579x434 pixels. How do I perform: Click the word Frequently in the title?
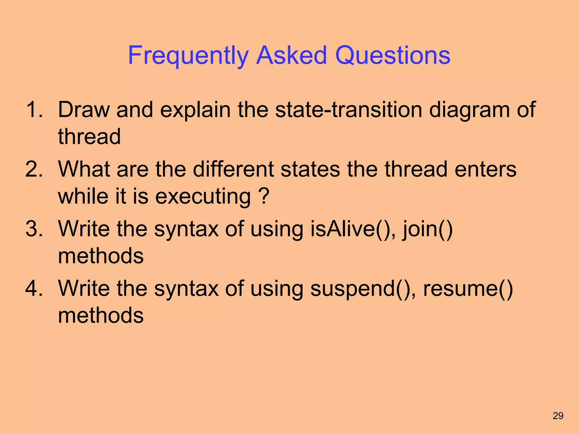[x=188, y=55]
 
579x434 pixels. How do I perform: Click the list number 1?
[x=34, y=110]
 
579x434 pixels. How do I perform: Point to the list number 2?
[x=34, y=169]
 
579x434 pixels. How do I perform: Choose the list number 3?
[x=34, y=229]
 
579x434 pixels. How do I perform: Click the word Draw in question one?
[x=84, y=110]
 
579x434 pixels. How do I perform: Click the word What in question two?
[x=84, y=169]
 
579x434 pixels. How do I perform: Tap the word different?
[x=233, y=169]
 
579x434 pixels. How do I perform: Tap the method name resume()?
[x=468, y=289]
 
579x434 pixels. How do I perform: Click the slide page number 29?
[x=558, y=416]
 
